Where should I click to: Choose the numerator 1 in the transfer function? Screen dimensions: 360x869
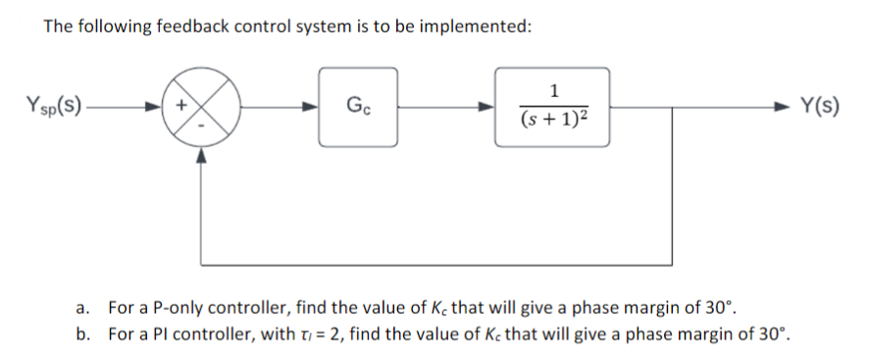point(552,91)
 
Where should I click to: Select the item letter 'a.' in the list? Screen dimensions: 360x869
point(83,306)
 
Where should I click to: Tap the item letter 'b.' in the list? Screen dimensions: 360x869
point(83,333)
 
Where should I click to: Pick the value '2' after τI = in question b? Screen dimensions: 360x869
point(330,333)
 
